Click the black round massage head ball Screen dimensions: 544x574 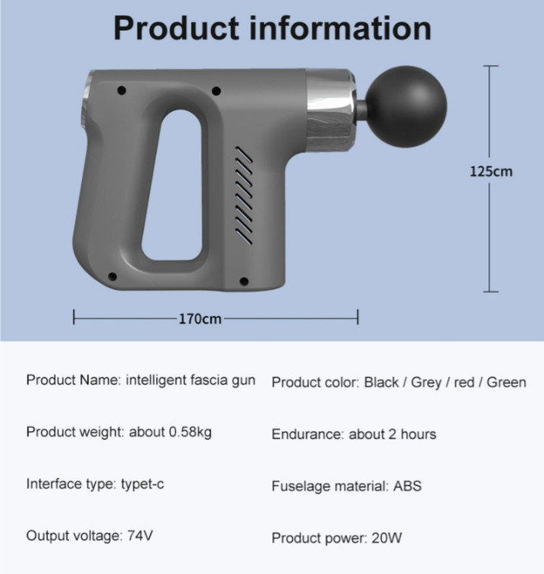click(406, 106)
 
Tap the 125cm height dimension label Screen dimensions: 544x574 click(491, 171)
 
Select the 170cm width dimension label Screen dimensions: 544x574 click(200, 319)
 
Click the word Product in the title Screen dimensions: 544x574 click(176, 28)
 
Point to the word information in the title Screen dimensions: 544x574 click(340, 28)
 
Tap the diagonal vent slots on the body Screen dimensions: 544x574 click(243, 194)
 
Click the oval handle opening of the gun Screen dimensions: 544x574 click(172, 185)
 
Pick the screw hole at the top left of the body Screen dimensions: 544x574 click(122, 90)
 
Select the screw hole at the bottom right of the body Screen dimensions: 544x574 click(244, 281)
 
